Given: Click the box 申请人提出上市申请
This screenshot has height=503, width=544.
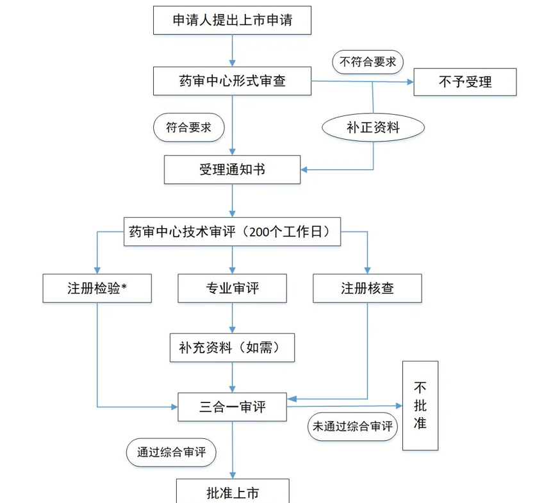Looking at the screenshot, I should click(x=232, y=21).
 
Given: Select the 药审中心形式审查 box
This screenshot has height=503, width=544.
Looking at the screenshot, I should click(x=232, y=81).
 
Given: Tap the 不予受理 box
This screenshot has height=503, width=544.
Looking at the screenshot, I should click(x=465, y=81).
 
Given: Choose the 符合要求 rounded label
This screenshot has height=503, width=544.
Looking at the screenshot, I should click(x=189, y=127).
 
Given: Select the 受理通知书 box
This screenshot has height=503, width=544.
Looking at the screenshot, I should click(x=232, y=169).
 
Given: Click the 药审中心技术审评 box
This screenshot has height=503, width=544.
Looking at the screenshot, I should click(x=232, y=232).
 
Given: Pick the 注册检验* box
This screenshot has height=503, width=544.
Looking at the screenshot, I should click(x=97, y=288).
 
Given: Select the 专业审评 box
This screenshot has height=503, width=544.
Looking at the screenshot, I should click(x=232, y=288).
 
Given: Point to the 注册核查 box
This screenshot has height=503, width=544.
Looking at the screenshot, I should click(x=367, y=288).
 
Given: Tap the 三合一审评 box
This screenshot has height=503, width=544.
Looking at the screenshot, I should click(x=232, y=407).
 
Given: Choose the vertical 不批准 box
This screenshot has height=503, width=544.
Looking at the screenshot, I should click(x=420, y=406).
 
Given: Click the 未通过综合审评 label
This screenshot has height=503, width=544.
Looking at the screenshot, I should click(x=352, y=426).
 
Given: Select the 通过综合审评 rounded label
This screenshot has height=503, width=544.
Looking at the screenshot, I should click(x=171, y=452).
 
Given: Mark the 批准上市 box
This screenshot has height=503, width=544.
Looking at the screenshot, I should click(x=233, y=492).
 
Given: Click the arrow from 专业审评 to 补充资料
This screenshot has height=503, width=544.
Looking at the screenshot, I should click(x=232, y=318).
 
